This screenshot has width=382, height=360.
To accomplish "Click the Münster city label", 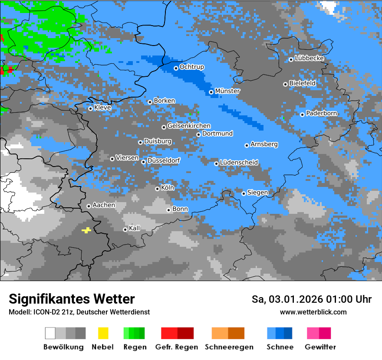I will [x=227, y=91].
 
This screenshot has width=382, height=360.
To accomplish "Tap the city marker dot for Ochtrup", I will [x=176, y=68].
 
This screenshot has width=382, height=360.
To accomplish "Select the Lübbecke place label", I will [x=310, y=58].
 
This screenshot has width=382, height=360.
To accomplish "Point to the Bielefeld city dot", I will [x=285, y=84].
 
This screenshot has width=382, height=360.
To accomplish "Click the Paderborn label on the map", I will [x=322, y=113].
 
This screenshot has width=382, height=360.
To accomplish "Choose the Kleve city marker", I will [x=90, y=108].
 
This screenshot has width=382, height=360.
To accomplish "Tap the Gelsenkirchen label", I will [x=189, y=126].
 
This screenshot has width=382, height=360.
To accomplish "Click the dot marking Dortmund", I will [x=198, y=134].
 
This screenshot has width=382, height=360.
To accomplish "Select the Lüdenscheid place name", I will [x=239, y=163].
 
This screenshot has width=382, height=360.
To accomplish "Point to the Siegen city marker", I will [x=244, y=193].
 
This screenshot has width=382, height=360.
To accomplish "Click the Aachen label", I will [x=104, y=205].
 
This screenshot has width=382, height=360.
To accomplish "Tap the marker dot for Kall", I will [x=125, y=229].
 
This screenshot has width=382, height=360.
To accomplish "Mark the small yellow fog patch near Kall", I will [x=86, y=230].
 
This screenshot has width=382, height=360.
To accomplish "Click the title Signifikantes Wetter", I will [x=72, y=299].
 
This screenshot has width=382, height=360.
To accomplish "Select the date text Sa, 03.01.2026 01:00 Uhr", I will [x=311, y=299].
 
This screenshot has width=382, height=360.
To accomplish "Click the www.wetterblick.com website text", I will [x=313, y=312].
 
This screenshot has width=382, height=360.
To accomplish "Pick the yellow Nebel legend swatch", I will [x=103, y=333].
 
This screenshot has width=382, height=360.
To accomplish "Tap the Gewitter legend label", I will [x=320, y=347].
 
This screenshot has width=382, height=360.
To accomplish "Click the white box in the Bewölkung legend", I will [x=50, y=333].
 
